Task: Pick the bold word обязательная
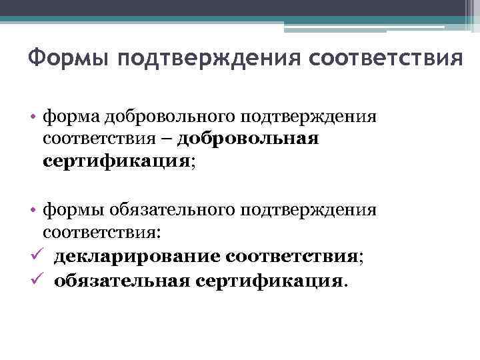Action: (x=123, y=281)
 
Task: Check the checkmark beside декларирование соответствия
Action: (x=35, y=256)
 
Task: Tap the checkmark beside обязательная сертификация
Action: (x=35, y=280)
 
